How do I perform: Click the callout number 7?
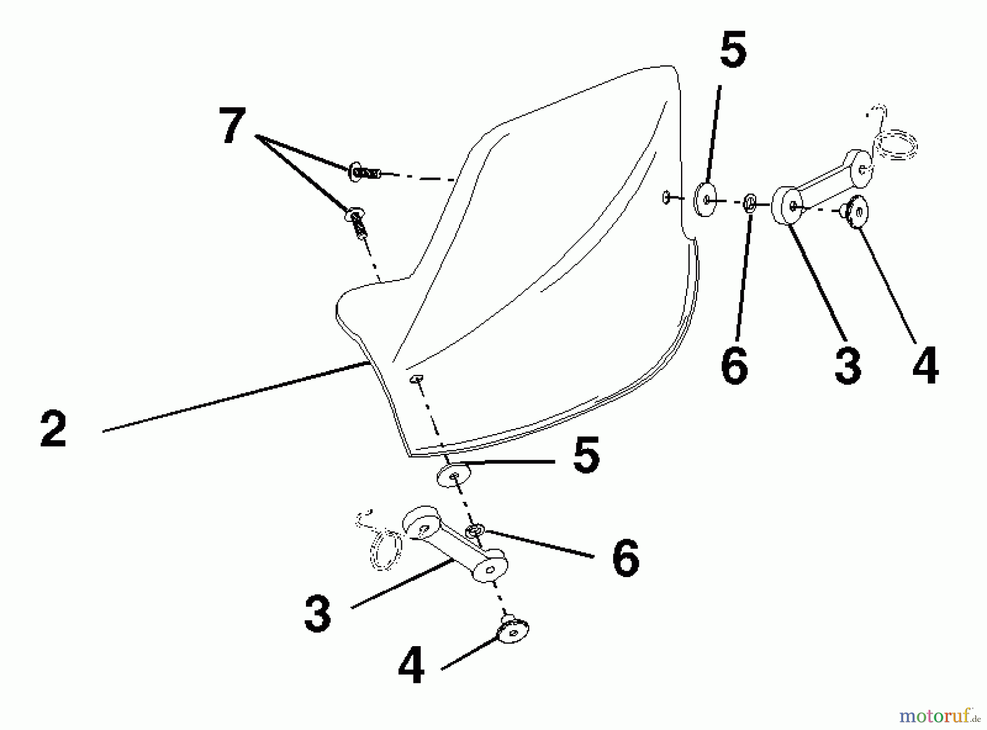pyautogui.click(x=232, y=126)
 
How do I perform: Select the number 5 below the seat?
pyautogui.click(x=586, y=454)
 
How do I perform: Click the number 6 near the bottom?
pyautogui.click(x=626, y=558)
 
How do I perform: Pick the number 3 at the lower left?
pyautogui.click(x=318, y=614)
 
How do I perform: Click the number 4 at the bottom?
pyautogui.click(x=411, y=665)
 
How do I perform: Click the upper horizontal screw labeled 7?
pyautogui.click(x=364, y=172)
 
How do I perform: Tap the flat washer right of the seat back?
pyautogui.click(x=706, y=199)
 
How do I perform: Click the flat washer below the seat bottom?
pyautogui.click(x=454, y=476)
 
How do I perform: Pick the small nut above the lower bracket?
pyautogui.click(x=474, y=530)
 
